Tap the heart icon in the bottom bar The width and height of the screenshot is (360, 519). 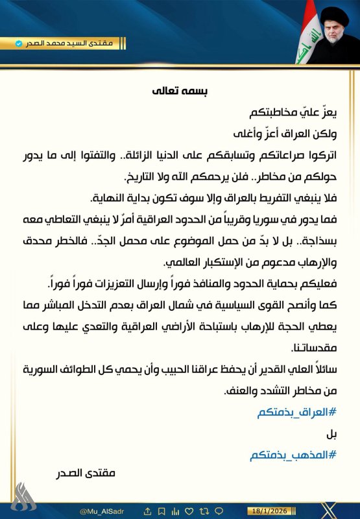[x=189, y=511]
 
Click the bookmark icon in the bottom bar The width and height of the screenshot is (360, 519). [x=162, y=511]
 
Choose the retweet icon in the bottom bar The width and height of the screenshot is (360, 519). [x=204, y=511]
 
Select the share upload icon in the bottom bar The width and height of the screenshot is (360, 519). [x=147, y=511]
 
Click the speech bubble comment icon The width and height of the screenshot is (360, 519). [x=219, y=511]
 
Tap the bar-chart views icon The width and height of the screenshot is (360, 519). [x=175, y=511]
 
